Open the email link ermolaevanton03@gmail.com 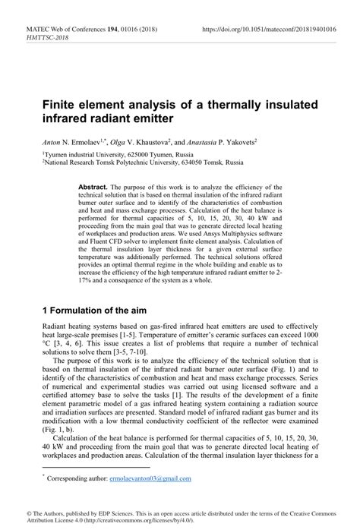[x=150, y=479]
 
